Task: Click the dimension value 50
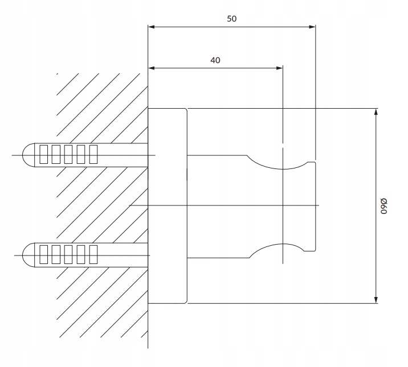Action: pos(231,19)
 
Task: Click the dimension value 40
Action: pos(215,60)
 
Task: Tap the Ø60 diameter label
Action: pos(384,206)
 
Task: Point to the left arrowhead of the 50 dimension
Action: pos(151,27)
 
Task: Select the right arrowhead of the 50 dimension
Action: pos(312,27)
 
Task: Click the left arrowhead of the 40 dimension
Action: pos(151,68)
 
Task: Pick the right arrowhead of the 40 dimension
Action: pos(279,68)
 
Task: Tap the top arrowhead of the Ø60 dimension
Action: pos(376,112)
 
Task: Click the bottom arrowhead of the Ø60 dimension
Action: pos(376,300)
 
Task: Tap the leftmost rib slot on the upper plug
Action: pos(44,155)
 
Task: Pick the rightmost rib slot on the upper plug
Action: pos(93,155)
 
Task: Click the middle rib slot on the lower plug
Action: pos(68,254)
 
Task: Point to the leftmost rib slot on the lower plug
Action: pos(44,254)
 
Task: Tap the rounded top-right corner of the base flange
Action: pos(186,109)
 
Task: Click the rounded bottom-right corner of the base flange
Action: pos(186,302)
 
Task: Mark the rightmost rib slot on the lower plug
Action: pos(93,254)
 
